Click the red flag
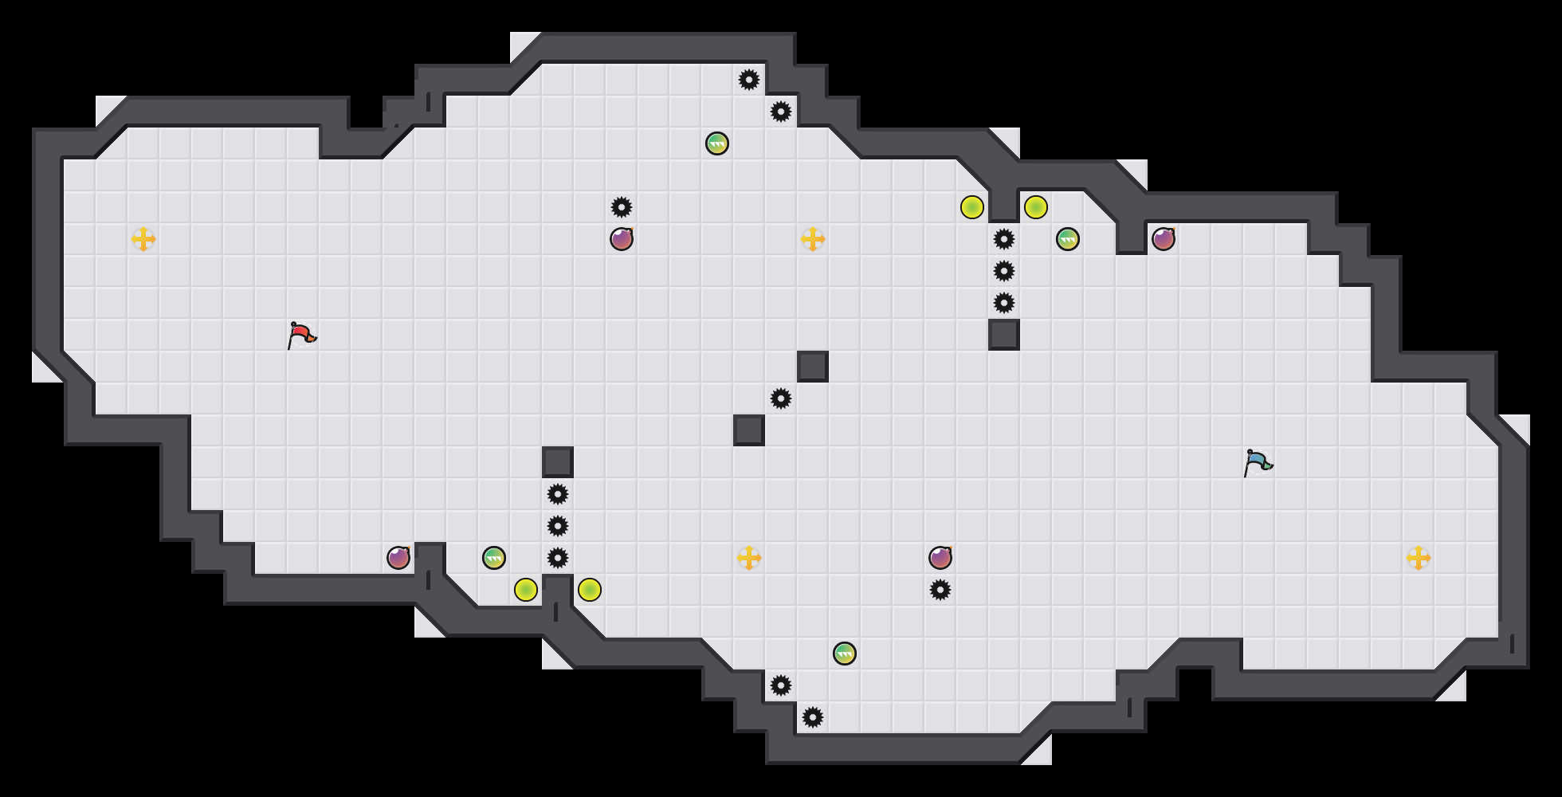pos(301,335)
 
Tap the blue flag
pos(1258,462)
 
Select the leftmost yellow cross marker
pos(143,239)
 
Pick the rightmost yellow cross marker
pos(1419,558)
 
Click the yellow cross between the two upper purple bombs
pos(813,239)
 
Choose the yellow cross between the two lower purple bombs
pos(749,558)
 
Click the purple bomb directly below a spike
pos(622,239)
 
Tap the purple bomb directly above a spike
pos(940,558)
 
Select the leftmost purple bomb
pos(398,558)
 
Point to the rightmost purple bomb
pos(1164,239)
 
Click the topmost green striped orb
pos(717,143)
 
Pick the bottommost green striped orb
pos(845,654)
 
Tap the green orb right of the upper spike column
pos(1068,239)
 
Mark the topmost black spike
pos(749,80)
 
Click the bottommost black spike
pos(813,717)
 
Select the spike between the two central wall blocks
pos(781,398)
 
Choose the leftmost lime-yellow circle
pos(526,590)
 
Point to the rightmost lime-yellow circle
pos(1036,207)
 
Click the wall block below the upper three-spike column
pos(1004,335)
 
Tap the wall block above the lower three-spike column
pos(558,462)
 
